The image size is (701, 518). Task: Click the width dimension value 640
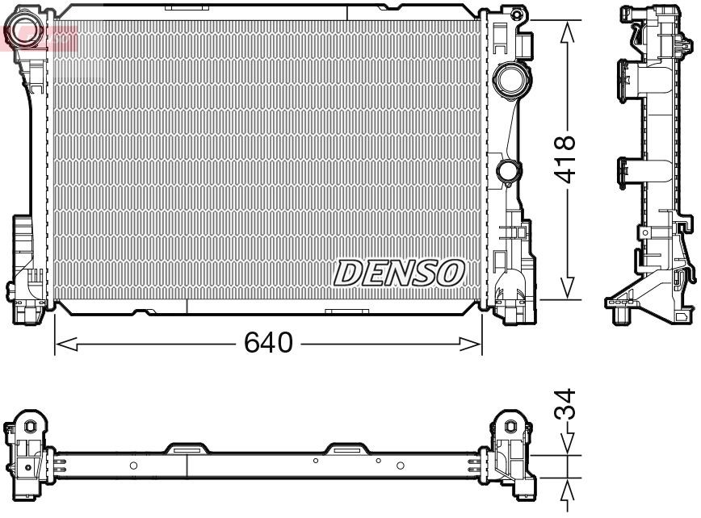click(x=268, y=343)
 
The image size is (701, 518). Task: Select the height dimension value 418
click(x=566, y=159)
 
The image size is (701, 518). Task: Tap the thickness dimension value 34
click(x=566, y=404)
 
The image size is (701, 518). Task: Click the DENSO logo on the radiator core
click(x=399, y=273)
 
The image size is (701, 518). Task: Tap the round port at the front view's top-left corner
click(x=22, y=30)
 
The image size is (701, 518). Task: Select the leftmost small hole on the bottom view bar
click(x=134, y=466)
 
